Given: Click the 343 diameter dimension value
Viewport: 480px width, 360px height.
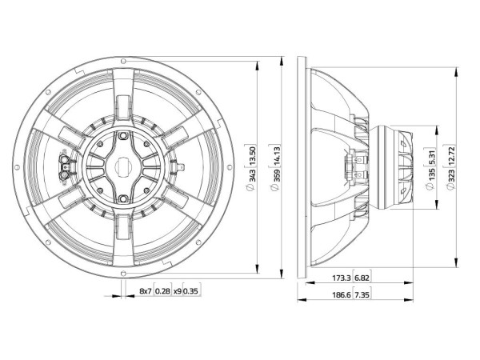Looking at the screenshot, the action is [x=252, y=175].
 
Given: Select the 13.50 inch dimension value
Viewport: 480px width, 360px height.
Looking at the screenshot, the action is [x=252, y=156].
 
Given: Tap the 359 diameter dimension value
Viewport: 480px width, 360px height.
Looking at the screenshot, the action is [x=276, y=176].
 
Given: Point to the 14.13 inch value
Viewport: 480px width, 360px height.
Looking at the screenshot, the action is [x=276, y=156].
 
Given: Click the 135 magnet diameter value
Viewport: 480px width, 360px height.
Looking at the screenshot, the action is [x=432, y=174].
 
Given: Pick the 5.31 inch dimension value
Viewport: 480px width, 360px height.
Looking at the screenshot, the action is [x=432, y=157].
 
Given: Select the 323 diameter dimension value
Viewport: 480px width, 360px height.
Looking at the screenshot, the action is [x=451, y=177].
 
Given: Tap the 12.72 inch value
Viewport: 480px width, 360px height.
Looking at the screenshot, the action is [x=451, y=156].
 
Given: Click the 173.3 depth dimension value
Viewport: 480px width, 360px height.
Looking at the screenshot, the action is [x=342, y=278].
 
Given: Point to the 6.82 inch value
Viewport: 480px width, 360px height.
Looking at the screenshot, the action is [x=362, y=278].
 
